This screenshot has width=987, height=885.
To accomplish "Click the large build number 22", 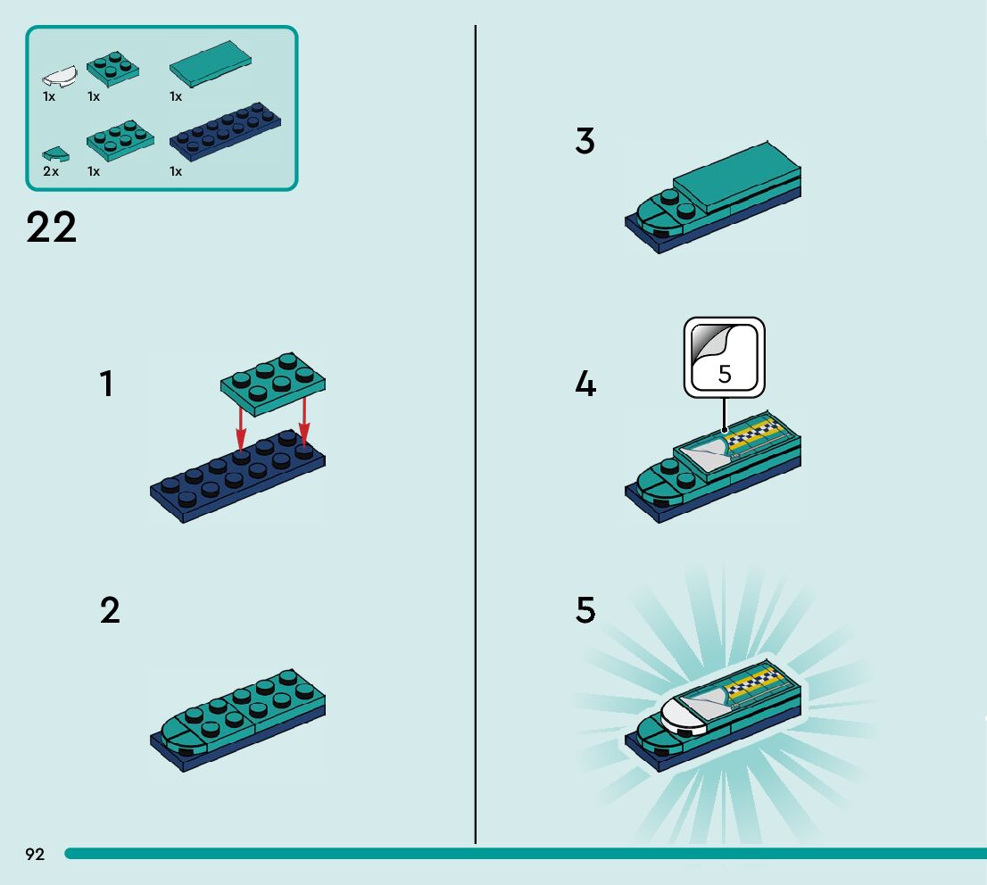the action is [x=52, y=228].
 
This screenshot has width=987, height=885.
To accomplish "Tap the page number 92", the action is [x=35, y=855].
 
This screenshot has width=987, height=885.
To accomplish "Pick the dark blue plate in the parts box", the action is [x=225, y=131].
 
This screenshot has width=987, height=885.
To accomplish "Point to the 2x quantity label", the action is [x=51, y=171].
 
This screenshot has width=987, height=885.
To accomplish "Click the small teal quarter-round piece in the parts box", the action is [x=55, y=153].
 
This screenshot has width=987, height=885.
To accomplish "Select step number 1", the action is [x=107, y=385].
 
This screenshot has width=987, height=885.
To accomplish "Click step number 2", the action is [x=109, y=611].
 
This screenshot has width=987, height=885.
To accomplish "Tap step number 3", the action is [x=585, y=142].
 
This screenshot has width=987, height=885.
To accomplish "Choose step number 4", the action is [x=585, y=385].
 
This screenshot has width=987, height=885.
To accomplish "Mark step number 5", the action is [x=585, y=611].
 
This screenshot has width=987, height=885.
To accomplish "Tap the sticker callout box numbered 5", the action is [x=725, y=358].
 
